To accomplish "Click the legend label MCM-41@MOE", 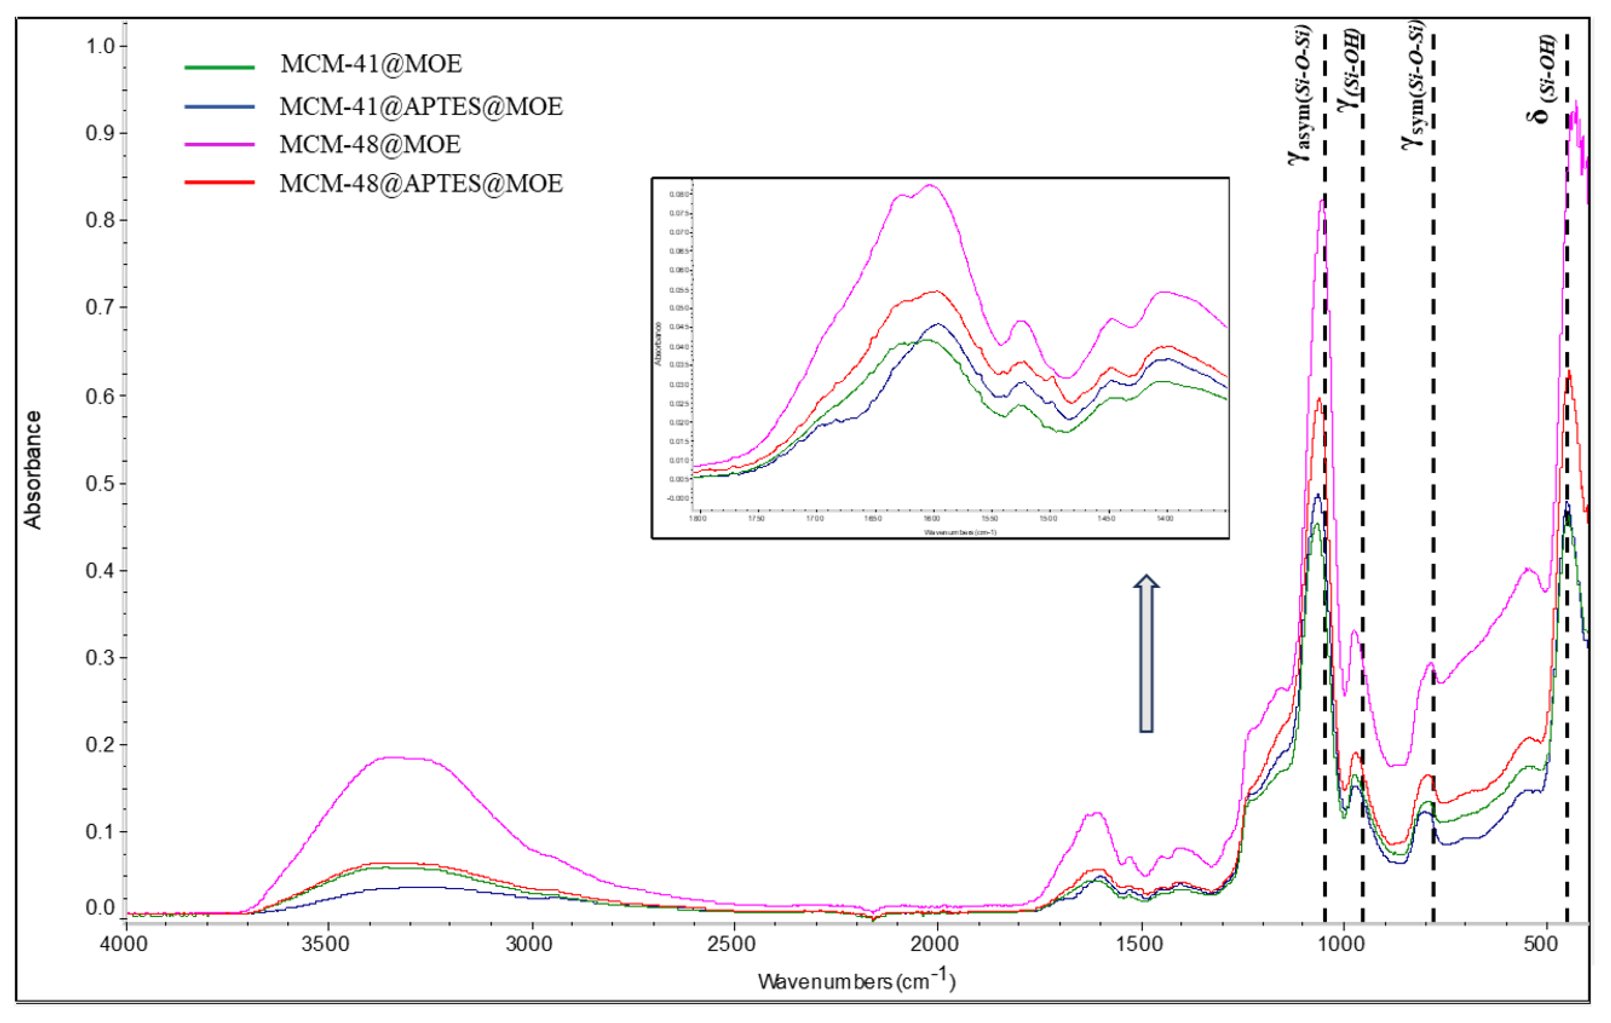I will click(371, 64).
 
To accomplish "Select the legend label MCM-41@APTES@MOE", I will click(421, 106).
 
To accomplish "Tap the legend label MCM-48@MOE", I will click(370, 145).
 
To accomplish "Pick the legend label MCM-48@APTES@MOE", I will click(421, 183).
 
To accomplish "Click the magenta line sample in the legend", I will click(219, 145).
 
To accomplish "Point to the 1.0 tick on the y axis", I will click(100, 46).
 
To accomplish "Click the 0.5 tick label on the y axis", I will click(100, 484).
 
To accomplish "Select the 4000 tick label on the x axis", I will click(126, 944).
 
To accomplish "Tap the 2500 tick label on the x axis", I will click(734, 944).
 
